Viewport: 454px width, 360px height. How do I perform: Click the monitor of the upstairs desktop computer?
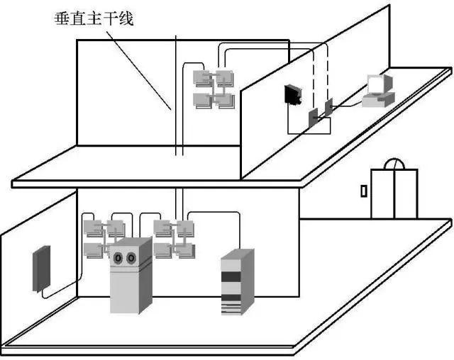[377, 84]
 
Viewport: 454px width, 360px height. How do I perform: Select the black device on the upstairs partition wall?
[292, 96]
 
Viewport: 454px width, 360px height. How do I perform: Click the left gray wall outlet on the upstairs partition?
[313, 118]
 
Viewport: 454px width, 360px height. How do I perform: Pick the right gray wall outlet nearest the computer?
[328, 108]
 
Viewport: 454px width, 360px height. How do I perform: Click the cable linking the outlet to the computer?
[348, 105]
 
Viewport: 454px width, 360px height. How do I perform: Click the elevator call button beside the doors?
[363, 191]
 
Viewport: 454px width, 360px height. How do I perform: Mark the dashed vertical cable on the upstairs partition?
[328, 71]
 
